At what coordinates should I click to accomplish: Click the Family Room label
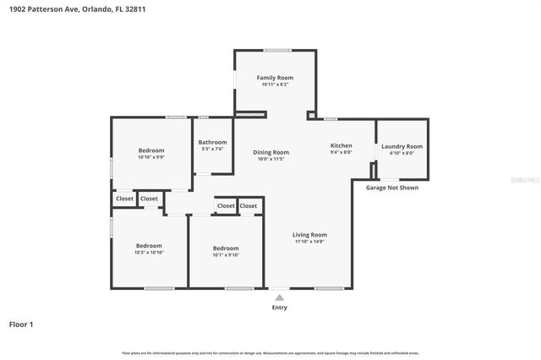tap(275, 78)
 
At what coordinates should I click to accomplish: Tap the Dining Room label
tap(271, 152)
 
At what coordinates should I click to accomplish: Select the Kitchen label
tap(341, 146)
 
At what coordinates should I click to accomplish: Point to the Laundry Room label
tap(402, 146)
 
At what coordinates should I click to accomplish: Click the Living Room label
tap(309, 234)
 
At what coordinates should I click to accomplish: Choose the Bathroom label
tap(212, 142)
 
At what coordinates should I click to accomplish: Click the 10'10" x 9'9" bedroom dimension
tap(151, 156)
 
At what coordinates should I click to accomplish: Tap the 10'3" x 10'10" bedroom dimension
tap(149, 252)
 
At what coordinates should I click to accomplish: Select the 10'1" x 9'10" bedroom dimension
tap(226, 254)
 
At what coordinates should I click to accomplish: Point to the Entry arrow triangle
tap(280, 297)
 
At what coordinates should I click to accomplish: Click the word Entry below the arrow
tap(280, 308)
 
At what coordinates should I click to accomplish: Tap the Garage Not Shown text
tap(391, 188)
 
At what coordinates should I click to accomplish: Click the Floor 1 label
tap(21, 324)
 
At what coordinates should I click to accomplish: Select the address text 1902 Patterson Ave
tap(42, 8)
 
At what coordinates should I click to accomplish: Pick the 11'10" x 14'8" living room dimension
tap(309, 242)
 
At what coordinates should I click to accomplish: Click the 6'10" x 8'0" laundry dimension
tap(402, 153)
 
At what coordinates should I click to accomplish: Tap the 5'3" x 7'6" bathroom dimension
tap(212, 149)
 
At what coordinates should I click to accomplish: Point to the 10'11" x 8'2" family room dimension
tap(275, 85)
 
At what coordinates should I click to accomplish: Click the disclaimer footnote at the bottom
tap(270, 352)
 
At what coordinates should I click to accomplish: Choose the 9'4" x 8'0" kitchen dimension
tap(341, 153)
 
